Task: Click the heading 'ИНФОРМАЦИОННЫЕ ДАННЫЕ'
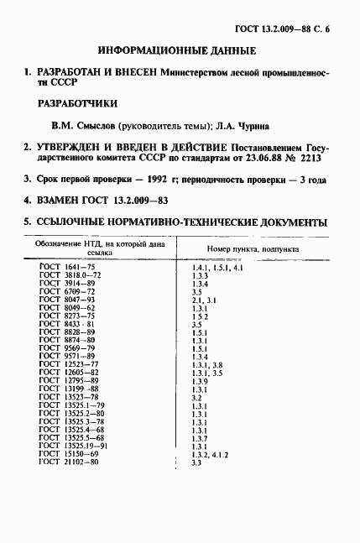click(177, 51)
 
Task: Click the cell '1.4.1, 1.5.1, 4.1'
click(217, 267)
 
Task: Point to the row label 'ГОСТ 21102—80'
click(69, 462)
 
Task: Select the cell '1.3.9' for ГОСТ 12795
click(200, 381)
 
